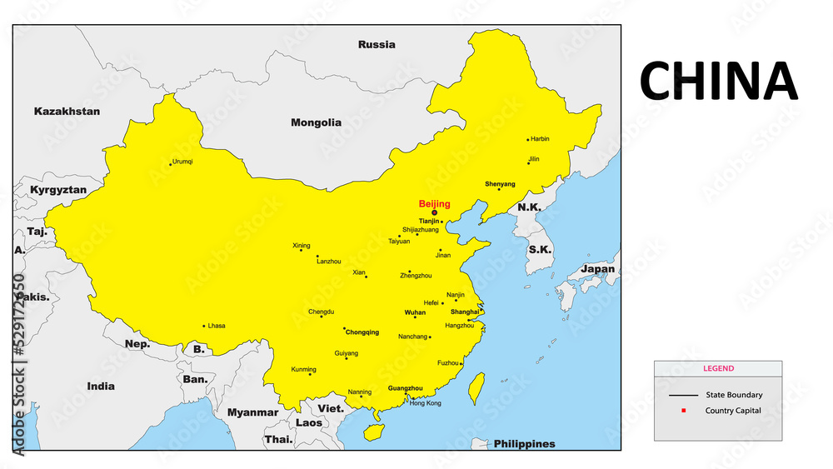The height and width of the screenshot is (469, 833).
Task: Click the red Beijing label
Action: tap(434, 203)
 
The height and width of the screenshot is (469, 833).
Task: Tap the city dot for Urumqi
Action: tap(171, 164)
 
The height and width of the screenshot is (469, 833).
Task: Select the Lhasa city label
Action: tap(217, 326)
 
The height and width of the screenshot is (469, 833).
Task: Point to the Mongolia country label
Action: tap(316, 122)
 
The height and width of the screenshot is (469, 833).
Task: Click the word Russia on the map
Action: tap(377, 44)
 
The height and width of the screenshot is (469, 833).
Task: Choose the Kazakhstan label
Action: tap(67, 111)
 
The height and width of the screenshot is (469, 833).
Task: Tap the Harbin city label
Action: tap(540, 139)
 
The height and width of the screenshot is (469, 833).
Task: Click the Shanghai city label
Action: tap(465, 312)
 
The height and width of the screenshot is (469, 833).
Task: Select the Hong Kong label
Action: tap(426, 403)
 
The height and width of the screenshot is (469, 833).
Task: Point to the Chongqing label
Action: tap(362, 332)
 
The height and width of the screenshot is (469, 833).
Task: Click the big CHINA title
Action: tap(718, 81)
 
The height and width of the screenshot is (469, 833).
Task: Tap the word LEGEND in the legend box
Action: tap(718, 368)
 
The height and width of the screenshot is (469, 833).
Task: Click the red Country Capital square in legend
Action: tap(683, 411)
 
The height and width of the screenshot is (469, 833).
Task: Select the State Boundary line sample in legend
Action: tap(683, 395)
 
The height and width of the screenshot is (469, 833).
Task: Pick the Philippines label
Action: tap(524, 444)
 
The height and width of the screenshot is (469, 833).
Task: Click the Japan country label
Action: tap(597, 269)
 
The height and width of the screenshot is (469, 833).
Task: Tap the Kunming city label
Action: tap(303, 369)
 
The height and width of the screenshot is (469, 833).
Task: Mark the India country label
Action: tap(101, 387)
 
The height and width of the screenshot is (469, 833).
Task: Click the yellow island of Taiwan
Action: tap(477, 388)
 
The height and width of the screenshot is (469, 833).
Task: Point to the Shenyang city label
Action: tap(500, 184)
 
